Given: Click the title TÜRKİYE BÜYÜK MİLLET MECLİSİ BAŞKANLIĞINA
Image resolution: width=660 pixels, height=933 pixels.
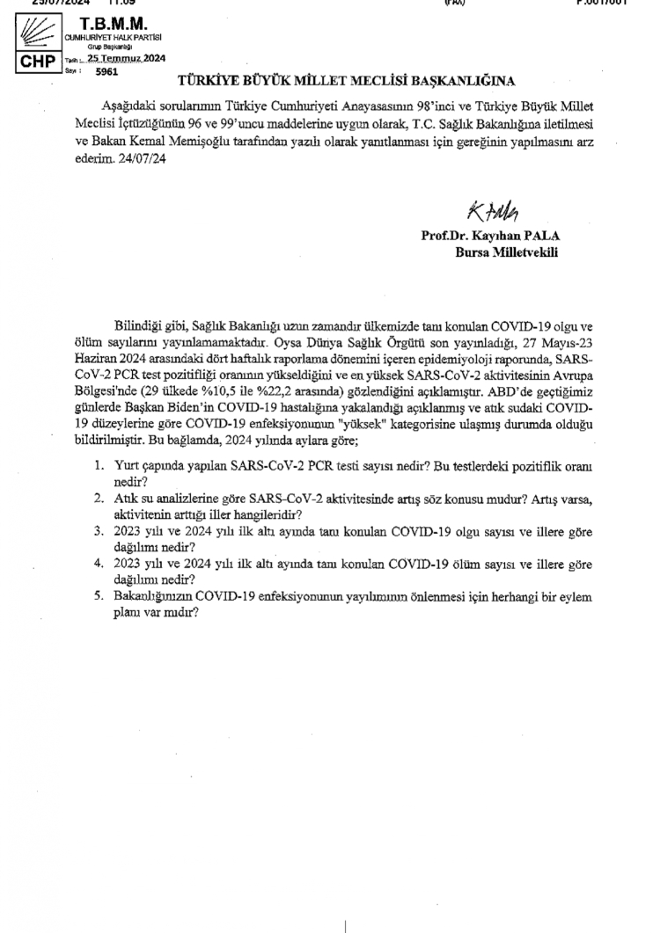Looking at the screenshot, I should pos(346,82).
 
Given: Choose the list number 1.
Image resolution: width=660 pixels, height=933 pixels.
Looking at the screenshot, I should pos(99,468).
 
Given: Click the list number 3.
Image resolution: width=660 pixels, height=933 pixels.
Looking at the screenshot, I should pos(99,532).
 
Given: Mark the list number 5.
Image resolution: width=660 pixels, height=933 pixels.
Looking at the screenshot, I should pos(99,596).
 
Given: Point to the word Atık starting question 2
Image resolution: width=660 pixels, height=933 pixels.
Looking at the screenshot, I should pos(126,499).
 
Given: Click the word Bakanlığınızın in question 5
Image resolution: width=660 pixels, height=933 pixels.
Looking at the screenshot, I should pos(155,596).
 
